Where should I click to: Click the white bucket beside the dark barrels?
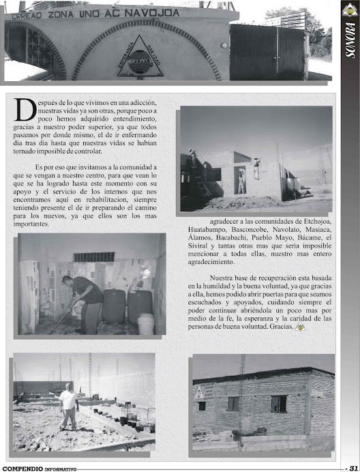point(146,323)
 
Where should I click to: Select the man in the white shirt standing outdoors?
point(68,406)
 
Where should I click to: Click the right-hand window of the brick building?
point(278,404)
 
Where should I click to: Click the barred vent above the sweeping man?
point(94,257)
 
